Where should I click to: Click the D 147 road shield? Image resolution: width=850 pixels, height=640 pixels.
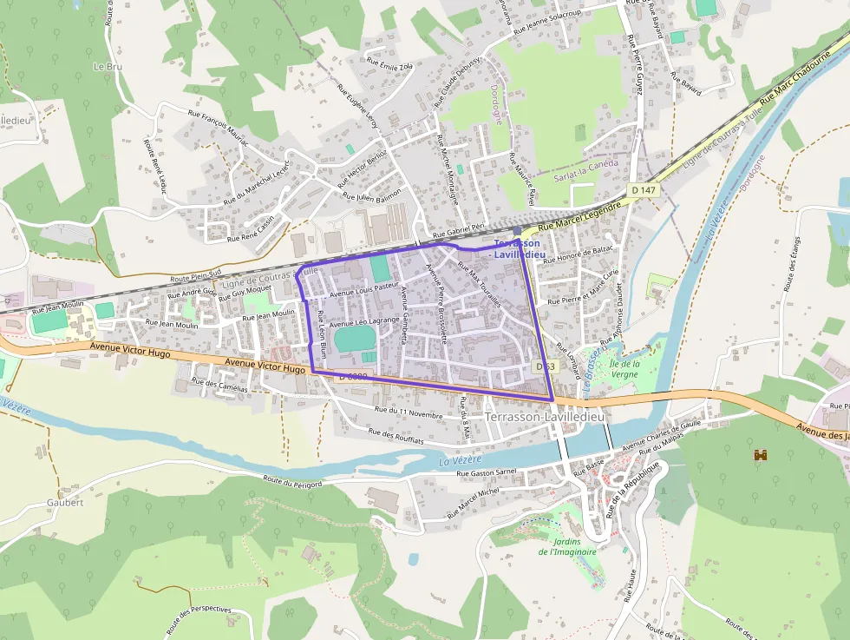coord(643,189)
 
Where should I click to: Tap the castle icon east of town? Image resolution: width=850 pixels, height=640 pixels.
coord(762,454)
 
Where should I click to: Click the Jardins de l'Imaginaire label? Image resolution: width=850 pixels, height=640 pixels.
coord(567,546)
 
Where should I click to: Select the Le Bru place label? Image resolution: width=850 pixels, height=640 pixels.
coord(108,66)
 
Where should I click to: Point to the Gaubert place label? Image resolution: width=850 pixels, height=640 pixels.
coord(65,502)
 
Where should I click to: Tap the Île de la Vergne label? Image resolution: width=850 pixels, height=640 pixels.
coord(624,368)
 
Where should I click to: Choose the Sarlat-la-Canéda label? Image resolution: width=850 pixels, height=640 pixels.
coord(585,170)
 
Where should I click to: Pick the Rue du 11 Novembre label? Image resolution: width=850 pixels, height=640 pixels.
coord(409,412)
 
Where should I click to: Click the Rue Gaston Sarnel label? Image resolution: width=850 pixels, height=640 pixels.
coord(487,473)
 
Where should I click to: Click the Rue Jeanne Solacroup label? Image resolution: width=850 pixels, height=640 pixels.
coord(546,22)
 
